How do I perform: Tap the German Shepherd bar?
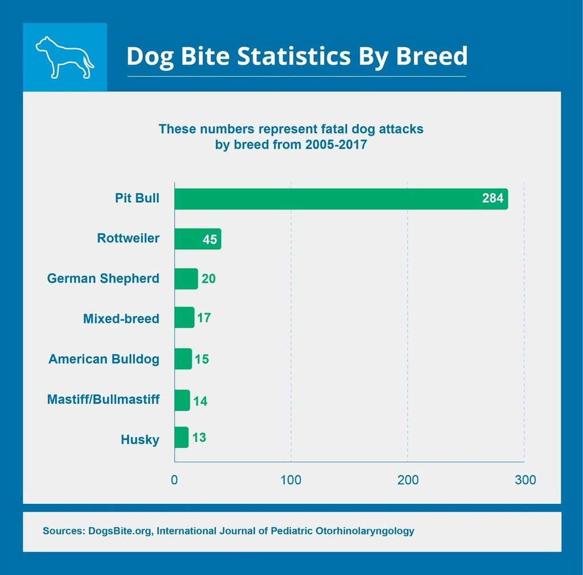(x=186, y=279)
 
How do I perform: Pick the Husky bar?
(x=181, y=437)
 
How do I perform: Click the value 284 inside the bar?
(x=492, y=199)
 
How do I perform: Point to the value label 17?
(x=204, y=318)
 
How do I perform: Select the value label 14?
(x=200, y=401)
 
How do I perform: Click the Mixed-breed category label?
(x=121, y=319)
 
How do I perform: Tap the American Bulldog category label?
(x=104, y=359)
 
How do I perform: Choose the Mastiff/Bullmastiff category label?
(x=103, y=400)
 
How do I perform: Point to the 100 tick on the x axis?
(x=291, y=480)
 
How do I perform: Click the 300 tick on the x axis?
(x=525, y=480)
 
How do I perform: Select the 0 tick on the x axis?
(x=174, y=480)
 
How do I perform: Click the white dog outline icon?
(x=64, y=57)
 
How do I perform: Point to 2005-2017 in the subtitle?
(x=336, y=145)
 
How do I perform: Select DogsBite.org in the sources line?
(x=120, y=531)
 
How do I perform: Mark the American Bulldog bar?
(x=183, y=359)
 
